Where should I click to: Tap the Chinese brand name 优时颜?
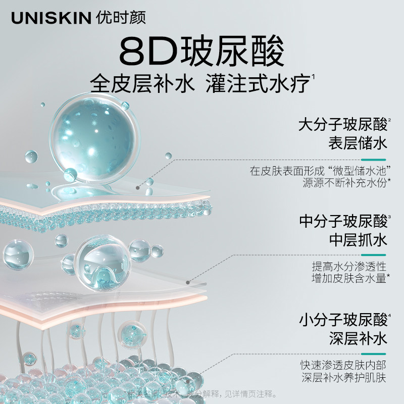coord(121,18)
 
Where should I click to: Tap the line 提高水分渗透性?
coord(349,266)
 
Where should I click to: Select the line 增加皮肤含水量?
coord(349,278)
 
